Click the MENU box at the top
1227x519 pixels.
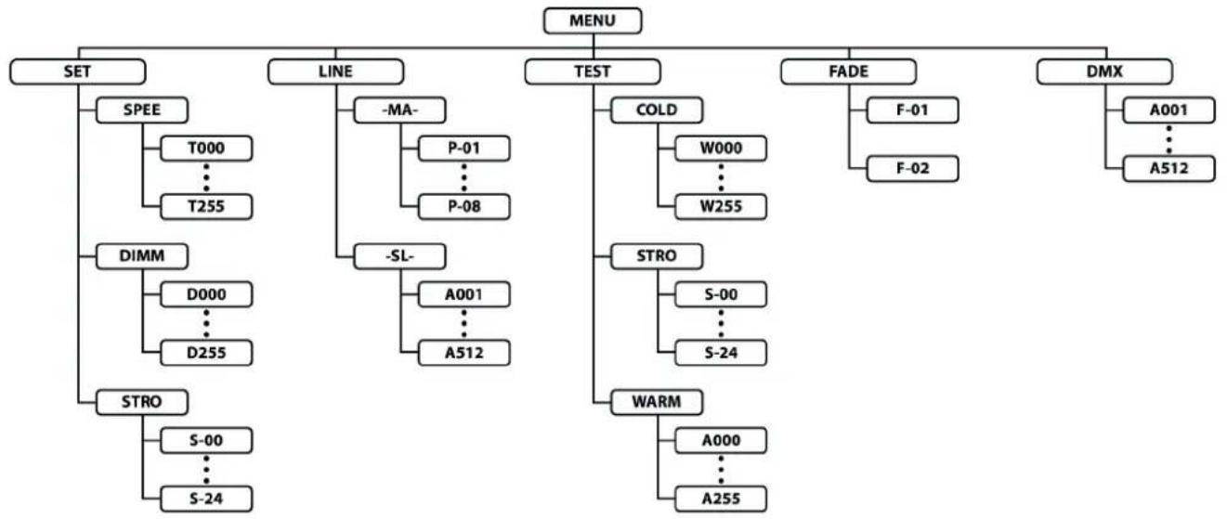pos(593,20)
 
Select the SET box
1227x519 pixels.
pos(78,71)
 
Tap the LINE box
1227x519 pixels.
pos(336,71)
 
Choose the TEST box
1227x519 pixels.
pos(593,71)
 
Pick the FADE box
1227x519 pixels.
pos(848,71)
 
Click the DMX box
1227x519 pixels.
pos(1104,71)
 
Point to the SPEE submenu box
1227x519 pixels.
pos(142,110)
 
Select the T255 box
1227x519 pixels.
pos(206,206)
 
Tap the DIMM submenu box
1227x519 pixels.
pos(142,256)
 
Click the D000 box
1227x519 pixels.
pos(206,294)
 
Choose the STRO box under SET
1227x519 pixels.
pos(142,402)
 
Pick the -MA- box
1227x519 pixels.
pos(400,110)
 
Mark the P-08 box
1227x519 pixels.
pos(464,206)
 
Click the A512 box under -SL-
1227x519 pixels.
pos(464,353)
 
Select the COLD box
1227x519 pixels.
pos(657,110)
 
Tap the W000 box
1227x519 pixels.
pos(721,149)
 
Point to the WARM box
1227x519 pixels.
pos(657,402)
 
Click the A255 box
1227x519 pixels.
pos(721,499)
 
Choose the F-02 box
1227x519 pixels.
pos(912,168)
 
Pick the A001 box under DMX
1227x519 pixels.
pos(1168,110)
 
